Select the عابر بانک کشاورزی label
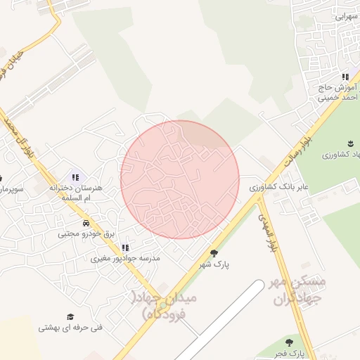pyautogui.click(x=280, y=188)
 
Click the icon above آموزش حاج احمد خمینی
pyautogui.click(x=345, y=77)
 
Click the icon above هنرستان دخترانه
pyautogui.click(x=75, y=176)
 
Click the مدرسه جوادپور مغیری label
pyautogui.click(x=126, y=259)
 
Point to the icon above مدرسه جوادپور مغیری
pyautogui.click(x=125, y=247)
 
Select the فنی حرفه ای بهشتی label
pyautogui.click(x=70, y=328)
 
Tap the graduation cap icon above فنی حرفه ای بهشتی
pyautogui.click(x=70, y=316)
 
